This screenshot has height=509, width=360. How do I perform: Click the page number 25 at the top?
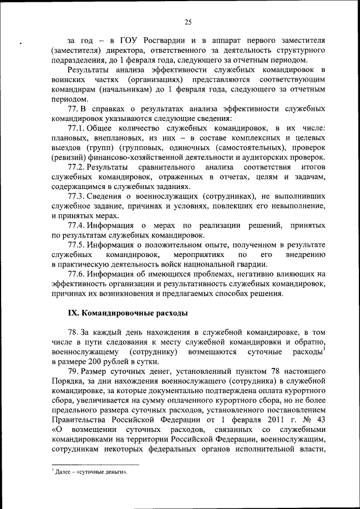coord(188,22)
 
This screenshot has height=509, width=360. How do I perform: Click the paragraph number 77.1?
coord(78,128)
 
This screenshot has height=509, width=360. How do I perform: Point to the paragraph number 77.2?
coord(78,168)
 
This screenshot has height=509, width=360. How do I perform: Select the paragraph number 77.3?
coord(78,196)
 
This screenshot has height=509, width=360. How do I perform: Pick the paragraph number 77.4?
coord(78,226)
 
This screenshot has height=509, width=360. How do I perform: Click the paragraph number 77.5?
coord(78,245)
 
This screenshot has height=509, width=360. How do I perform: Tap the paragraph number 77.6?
coord(78,274)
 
